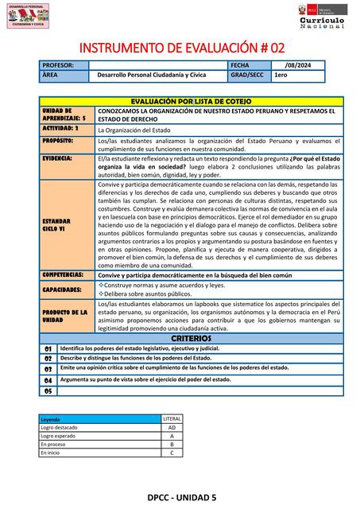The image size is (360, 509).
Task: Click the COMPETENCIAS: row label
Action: click(64, 274)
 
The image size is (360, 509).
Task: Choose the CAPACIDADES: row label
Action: click(62, 290)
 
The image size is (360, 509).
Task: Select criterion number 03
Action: click(48, 369)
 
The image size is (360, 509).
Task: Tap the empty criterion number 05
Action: click(48, 391)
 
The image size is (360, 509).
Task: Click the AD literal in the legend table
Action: click(172, 427)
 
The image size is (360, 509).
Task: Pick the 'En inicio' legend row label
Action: click(51, 453)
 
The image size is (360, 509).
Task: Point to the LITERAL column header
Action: click(172, 418)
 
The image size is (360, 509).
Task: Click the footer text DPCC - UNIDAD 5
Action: click(181, 497)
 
